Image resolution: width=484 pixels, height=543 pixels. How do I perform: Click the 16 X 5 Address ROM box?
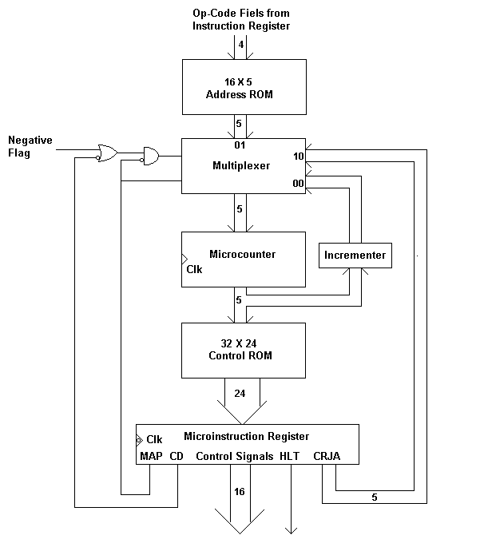(244, 88)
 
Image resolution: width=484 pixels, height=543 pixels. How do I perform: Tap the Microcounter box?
(244, 259)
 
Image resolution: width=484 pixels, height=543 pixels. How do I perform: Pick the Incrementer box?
(355, 256)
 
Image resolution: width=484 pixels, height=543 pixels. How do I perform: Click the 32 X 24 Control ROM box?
(244, 350)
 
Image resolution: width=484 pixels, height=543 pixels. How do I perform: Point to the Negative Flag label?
(30, 146)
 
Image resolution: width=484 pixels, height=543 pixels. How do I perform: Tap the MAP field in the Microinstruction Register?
(152, 457)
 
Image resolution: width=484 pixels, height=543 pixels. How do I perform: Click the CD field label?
(177, 457)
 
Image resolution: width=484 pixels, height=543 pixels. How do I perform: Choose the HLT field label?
(288, 457)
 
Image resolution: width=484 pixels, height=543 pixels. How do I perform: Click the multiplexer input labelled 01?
(240, 145)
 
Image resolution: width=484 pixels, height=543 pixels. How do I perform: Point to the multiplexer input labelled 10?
(299, 156)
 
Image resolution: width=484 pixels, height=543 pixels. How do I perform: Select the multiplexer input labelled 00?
(299, 184)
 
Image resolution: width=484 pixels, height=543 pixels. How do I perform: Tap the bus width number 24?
(240, 393)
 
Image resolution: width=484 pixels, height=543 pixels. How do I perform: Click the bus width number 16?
(239, 491)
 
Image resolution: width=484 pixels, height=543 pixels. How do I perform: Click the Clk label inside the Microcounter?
(195, 269)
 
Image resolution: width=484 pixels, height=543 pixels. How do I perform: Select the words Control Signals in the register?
(234, 457)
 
